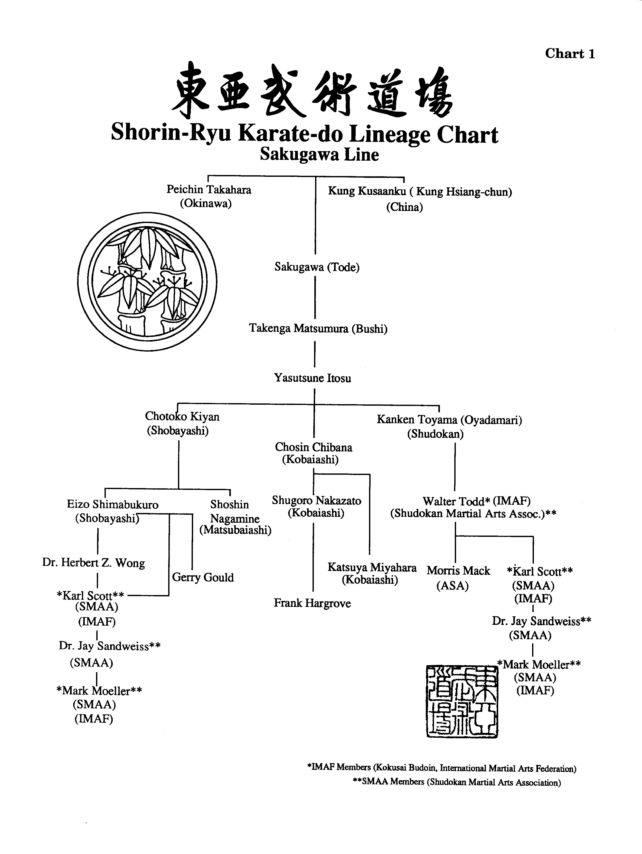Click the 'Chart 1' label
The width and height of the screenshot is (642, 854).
pyautogui.click(x=570, y=54)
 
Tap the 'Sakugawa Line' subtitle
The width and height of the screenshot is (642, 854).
pyautogui.click(x=319, y=154)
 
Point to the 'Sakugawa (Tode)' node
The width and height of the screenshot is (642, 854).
pyautogui.click(x=317, y=267)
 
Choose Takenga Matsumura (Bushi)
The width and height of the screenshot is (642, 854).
pyautogui.click(x=318, y=328)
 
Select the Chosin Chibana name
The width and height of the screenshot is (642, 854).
pyautogui.click(x=313, y=447)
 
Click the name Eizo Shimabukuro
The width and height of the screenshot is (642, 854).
pyautogui.click(x=112, y=504)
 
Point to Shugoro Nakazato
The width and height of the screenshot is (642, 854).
pyautogui.click(x=316, y=500)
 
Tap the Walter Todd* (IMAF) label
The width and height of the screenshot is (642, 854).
pyautogui.click(x=476, y=501)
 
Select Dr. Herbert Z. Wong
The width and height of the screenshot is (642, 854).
pyautogui.click(x=93, y=563)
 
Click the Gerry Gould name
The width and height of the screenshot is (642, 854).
pyautogui.click(x=203, y=577)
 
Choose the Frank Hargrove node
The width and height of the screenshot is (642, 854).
pyautogui.click(x=312, y=603)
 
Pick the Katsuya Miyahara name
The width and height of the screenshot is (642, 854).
pyautogui.click(x=372, y=567)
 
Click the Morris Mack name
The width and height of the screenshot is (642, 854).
pyautogui.click(x=458, y=571)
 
